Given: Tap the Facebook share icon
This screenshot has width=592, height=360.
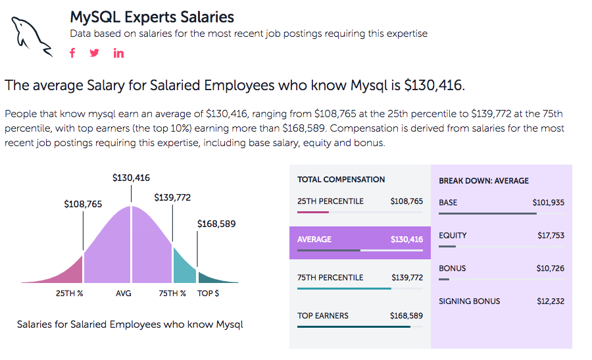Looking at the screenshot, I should click(73, 53).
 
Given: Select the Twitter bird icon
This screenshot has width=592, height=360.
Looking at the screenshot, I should click(95, 53).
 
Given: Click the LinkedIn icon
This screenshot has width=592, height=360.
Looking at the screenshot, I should click(118, 53).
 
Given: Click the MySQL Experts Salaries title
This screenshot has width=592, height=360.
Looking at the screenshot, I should click(152, 16).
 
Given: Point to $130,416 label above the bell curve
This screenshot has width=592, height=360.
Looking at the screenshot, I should click(131, 178).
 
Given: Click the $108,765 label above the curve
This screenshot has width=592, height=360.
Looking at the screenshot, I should click(83, 204).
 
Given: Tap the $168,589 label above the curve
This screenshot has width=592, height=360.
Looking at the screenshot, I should click(216, 224).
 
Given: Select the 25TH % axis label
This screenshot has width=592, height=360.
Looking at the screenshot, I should click(69, 293).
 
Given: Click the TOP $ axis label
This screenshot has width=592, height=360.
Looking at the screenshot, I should click(209, 293).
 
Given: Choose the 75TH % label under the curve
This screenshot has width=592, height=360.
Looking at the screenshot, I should click(172, 293).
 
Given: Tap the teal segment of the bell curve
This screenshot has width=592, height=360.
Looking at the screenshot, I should click(184, 267).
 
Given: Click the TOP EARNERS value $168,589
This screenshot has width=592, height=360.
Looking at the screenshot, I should click(407, 316).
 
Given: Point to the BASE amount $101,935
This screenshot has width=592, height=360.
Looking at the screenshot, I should click(548, 203).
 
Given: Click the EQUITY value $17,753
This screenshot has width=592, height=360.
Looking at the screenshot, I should click(551, 236).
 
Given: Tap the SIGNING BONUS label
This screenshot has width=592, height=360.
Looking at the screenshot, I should click(469, 301).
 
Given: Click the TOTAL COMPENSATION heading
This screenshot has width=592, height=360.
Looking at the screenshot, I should click(341, 179).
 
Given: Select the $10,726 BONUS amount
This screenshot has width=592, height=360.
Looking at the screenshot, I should click(551, 269).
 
